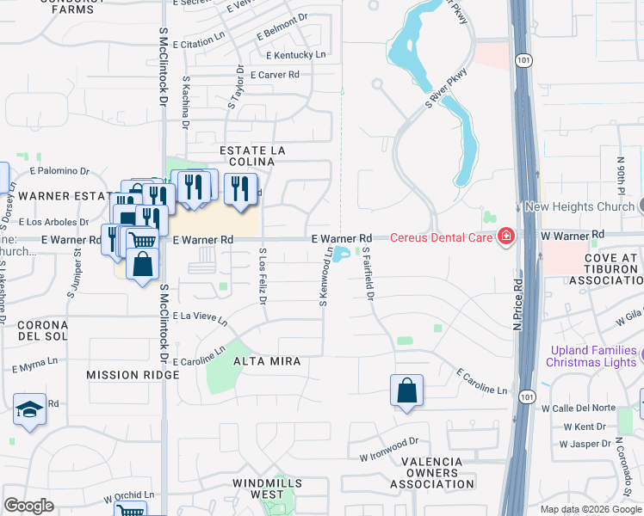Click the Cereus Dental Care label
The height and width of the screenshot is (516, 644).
tap(441, 237)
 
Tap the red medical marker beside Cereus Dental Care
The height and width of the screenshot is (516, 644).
tap(505, 236)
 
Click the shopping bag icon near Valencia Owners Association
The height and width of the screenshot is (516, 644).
tap(407, 390)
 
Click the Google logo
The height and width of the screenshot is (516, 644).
tap(29, 506)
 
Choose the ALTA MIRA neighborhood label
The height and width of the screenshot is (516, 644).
tap(266, 362)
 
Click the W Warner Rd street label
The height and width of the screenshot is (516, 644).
tap(573, 234)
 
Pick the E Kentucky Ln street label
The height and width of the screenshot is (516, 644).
tap(297, 55)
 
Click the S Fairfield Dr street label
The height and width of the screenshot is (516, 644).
tap(368, 274)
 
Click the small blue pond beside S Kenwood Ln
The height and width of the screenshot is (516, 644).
tap(342, 254)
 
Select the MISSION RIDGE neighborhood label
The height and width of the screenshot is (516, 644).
tap(133, 375)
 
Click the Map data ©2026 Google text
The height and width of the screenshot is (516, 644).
tap(591, 508)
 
